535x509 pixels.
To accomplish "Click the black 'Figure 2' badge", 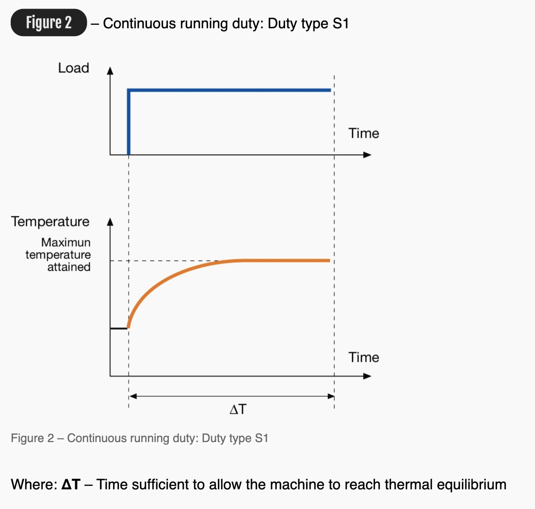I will coord(48,23).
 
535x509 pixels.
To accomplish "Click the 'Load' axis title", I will coord(74,68).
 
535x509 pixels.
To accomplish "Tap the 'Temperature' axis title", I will coord(50,222).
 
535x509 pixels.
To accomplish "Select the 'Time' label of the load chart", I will coord(364,133).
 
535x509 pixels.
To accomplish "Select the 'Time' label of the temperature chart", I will coord(364,357).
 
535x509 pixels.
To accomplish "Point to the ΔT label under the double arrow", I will coord(238,409).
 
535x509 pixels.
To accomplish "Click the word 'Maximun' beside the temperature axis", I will coord(66,242).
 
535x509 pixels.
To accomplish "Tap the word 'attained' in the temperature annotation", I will coord(69,267).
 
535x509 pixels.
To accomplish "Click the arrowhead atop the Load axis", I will coord(110,71).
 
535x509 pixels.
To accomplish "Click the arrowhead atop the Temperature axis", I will coord(110,222).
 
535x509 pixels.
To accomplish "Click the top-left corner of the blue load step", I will coord(129,90).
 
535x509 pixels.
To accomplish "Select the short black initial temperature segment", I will coord(119,328).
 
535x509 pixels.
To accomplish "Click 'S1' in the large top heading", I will coord(341,23).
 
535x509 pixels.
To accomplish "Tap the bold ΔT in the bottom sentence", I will coord(71,484).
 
